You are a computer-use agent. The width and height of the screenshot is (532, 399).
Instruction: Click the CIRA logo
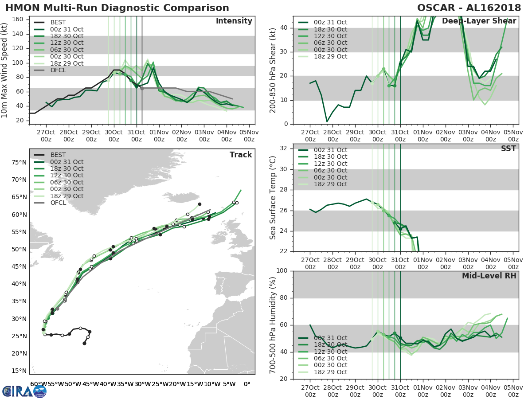(x=24, y=391)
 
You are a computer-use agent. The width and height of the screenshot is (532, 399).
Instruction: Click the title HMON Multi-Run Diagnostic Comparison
(x=117, y=8)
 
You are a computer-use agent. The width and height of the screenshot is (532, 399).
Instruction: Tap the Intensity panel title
(x=234, y=21)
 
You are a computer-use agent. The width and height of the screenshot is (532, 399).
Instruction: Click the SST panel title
(x=508, y=149)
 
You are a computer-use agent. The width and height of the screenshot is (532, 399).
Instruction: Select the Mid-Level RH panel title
(x=489, y=276)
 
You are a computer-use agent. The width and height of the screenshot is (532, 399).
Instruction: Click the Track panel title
(x=241, y=155)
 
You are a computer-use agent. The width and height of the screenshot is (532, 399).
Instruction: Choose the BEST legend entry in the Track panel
(x=58, y=155)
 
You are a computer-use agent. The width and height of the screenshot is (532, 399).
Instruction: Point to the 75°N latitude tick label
(x=18, y=162)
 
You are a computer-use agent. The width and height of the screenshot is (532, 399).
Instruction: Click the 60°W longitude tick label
(x=39, y=384)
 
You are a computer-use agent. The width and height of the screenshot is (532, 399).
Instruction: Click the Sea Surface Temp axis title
(x=273, y=197)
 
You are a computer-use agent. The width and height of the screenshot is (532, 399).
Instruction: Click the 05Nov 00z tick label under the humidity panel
(x=513, y=391)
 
